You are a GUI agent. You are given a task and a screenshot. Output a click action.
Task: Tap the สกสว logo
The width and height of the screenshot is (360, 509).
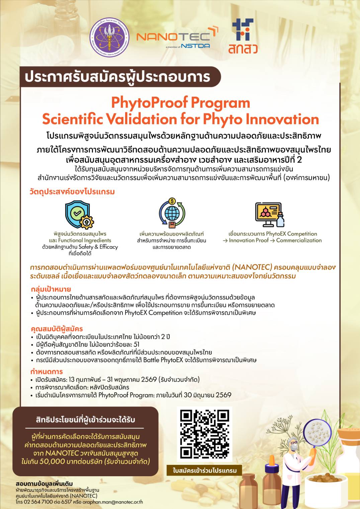click(243, 36)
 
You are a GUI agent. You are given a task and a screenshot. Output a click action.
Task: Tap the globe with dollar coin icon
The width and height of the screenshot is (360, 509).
click(172, 213)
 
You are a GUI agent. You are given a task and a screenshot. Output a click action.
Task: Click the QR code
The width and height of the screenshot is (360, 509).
click(204, 434)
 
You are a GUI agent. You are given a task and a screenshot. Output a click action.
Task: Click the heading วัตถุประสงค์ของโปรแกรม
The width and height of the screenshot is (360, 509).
click(72, 192)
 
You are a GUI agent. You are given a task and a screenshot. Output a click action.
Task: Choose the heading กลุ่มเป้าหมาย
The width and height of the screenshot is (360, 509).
click(51, 289)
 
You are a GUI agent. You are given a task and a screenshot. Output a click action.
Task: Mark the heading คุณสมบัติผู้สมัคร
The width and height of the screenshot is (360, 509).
click(57, 329)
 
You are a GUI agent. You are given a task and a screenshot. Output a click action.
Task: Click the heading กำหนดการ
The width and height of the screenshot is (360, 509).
click(47, 372)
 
